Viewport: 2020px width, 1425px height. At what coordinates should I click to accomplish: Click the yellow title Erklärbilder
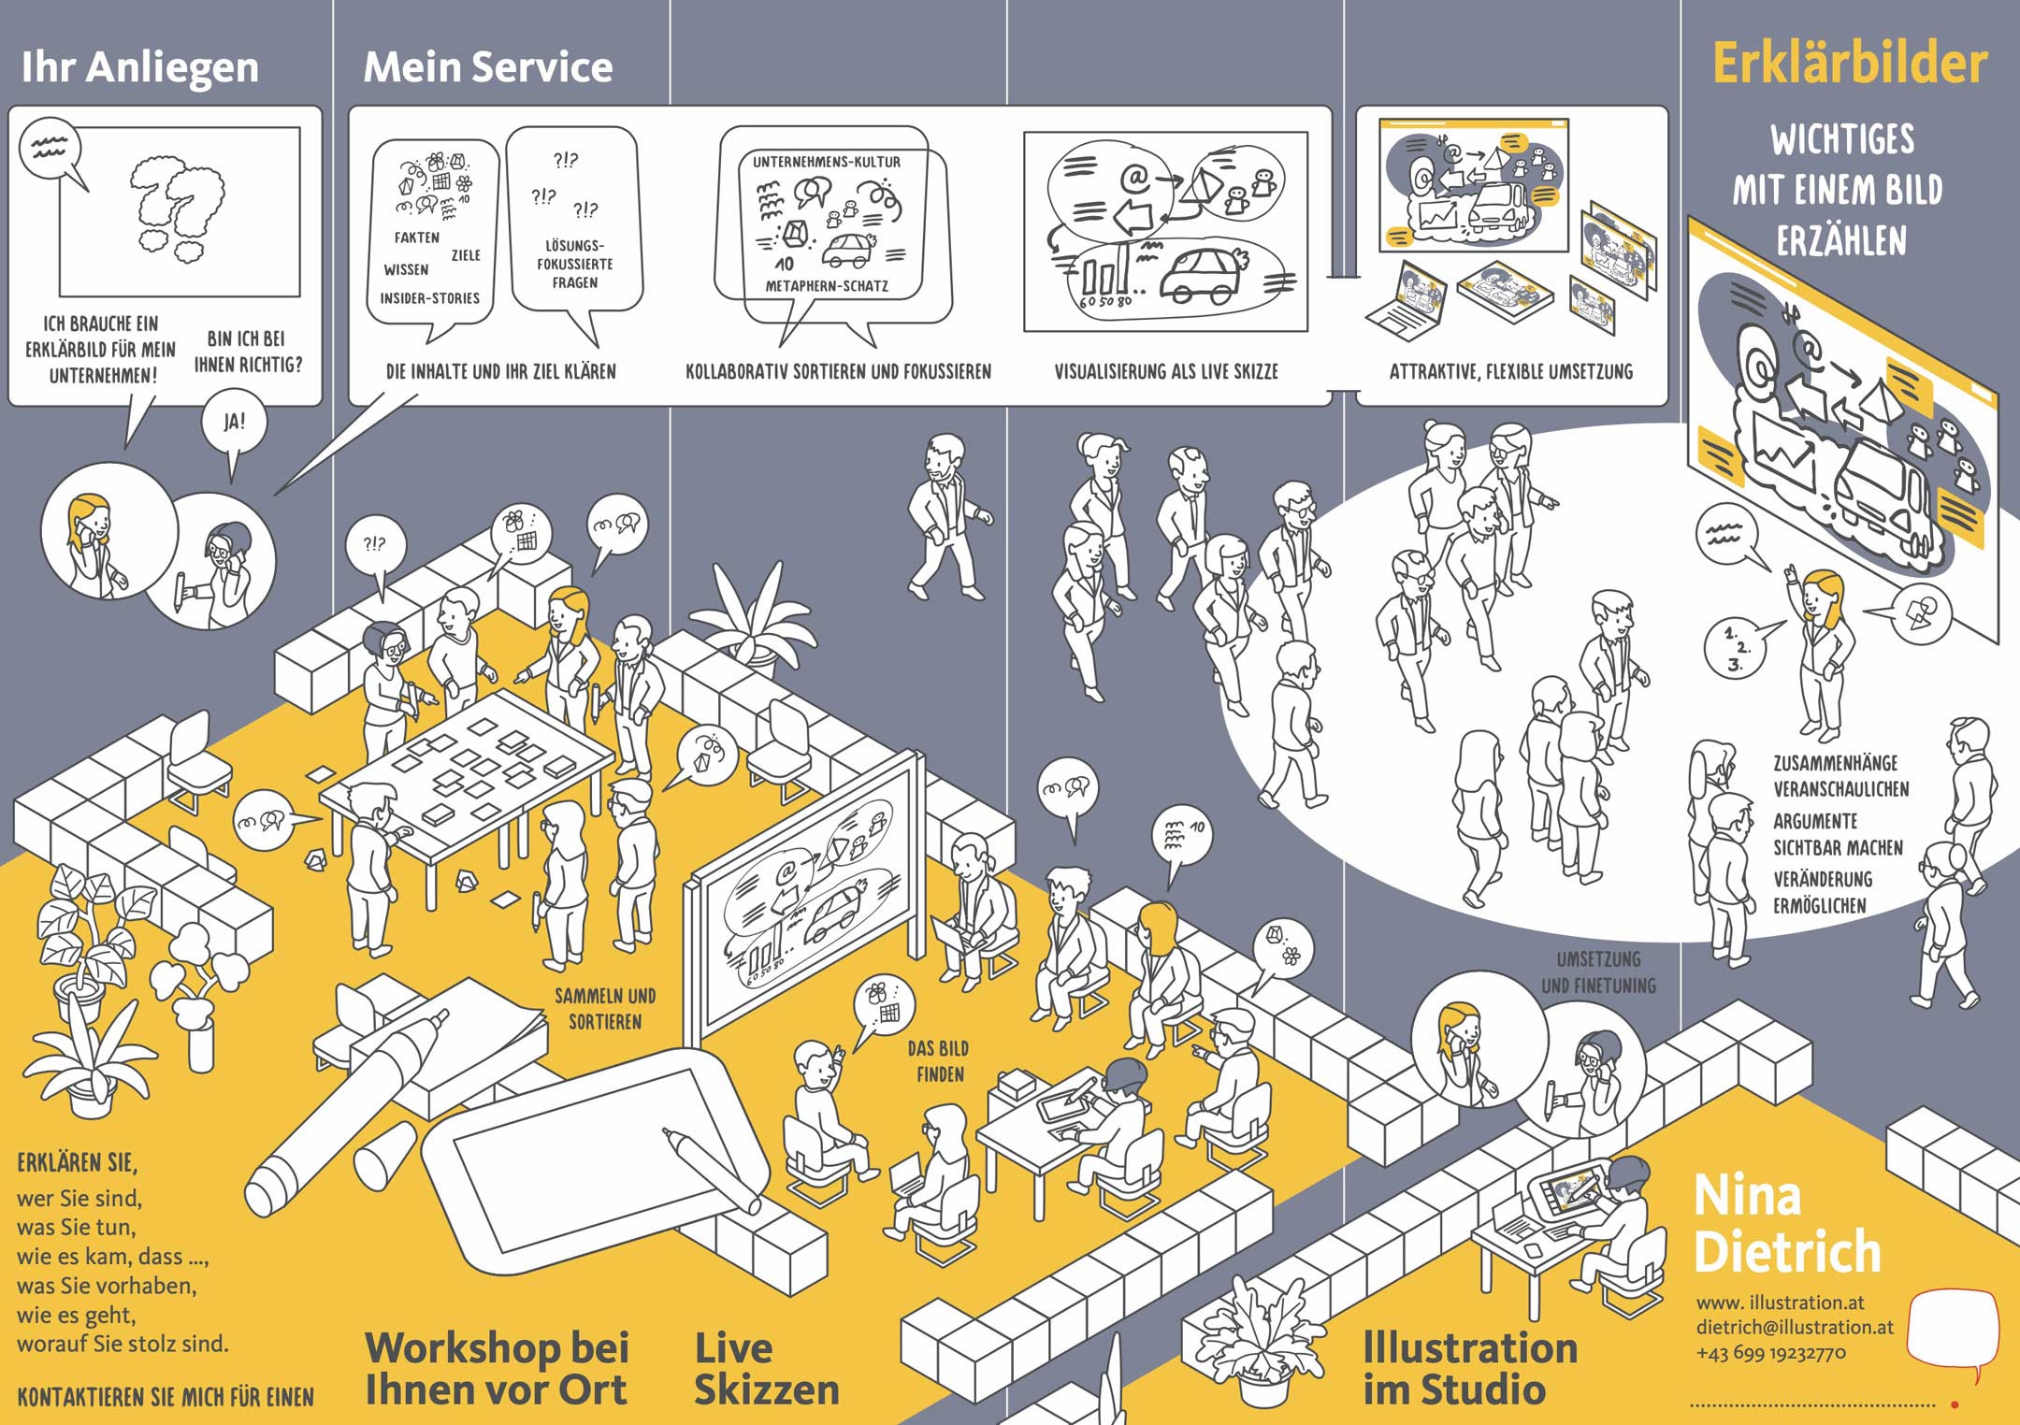coord(1849,64)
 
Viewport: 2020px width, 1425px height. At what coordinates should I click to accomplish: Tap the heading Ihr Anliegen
coord(140,67)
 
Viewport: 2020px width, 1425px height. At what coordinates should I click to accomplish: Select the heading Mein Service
coord(487,67)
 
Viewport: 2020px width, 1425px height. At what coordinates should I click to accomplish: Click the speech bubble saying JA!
coord(234,422)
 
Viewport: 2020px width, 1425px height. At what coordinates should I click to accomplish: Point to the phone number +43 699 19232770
coord(1770,1353)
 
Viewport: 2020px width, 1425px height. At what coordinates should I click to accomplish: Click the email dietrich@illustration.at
coord(1794,1327)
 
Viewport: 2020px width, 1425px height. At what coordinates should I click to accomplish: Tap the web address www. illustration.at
coord(1780,1302)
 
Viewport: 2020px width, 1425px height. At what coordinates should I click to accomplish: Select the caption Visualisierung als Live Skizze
coord(1165,371)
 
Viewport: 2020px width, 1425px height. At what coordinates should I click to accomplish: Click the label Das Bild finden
coord(938,1061)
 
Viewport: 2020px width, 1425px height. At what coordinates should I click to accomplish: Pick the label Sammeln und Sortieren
coord(605,1009)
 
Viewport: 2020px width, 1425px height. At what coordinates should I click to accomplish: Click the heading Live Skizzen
coord(765,1369)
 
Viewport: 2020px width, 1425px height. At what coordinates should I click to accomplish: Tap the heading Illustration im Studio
coord(1469,1369)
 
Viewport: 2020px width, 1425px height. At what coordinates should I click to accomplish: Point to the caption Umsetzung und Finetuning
coord(1598,972)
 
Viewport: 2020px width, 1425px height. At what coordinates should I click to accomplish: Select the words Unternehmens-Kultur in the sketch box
coord(827,162)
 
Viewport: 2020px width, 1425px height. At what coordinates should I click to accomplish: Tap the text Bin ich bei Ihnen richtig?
coord(248,352)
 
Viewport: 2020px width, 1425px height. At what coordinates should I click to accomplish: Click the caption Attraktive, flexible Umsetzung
coord(1510,371)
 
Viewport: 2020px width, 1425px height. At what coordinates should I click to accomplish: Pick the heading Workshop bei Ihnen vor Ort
coord(497,1369)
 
